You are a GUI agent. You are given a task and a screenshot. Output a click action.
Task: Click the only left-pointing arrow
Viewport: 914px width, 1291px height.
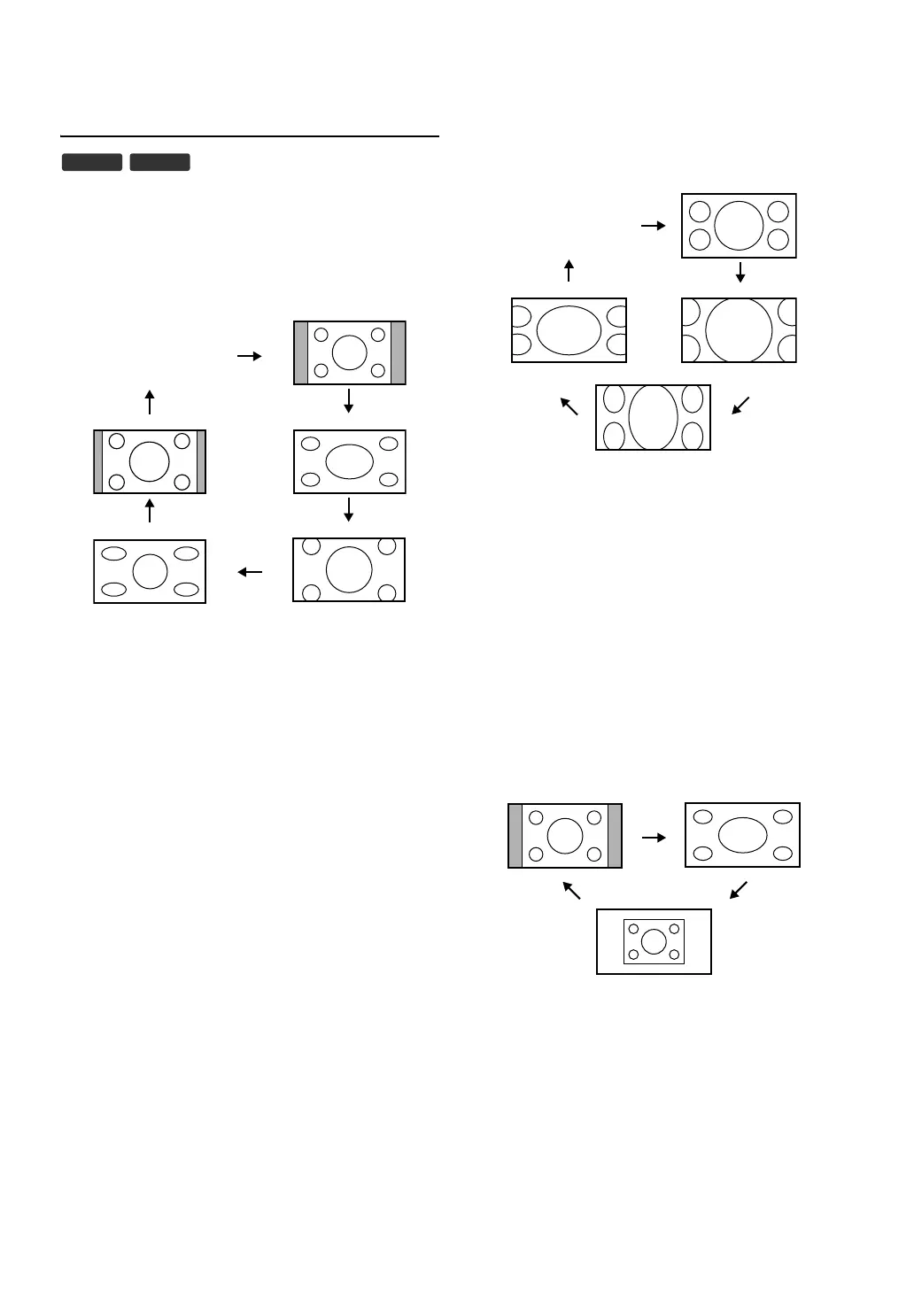[251, 572]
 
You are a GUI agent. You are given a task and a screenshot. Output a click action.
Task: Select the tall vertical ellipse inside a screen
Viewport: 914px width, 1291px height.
[654, 417]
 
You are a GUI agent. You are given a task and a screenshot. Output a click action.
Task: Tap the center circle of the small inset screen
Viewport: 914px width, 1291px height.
[654, 941]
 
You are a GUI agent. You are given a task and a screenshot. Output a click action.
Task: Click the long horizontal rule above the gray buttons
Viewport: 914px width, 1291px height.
[250, 136]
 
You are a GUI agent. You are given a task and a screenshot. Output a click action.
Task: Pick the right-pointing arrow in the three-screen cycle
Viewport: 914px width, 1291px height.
[654, 838]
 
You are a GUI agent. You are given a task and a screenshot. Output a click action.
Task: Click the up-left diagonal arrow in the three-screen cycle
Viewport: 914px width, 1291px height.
[572, 890]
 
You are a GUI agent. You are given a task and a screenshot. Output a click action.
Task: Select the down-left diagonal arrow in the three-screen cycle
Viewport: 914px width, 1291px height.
[739, 890]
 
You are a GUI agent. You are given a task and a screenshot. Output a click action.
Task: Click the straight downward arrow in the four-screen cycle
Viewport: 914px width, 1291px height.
[740, 273]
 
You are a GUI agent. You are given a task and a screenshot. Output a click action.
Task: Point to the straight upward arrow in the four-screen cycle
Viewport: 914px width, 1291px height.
[569, 270]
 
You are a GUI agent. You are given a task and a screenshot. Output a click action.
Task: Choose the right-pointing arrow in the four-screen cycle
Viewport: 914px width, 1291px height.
[653, 226]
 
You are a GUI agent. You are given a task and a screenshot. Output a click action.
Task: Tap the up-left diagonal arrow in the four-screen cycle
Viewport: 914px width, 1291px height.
[569, 406]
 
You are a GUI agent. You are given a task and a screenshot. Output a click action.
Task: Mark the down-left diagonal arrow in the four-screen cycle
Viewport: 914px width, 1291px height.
[741, 406]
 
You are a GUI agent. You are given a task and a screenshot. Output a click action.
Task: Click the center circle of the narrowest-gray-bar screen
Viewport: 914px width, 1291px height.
[150, 461]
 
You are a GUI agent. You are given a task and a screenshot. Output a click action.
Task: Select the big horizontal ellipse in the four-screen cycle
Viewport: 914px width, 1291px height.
[569, 330]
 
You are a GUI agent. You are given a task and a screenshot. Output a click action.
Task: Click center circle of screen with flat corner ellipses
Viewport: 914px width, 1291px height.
[150, 571]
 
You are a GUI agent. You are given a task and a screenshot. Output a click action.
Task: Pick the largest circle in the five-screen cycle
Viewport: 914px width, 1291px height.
[349, 569]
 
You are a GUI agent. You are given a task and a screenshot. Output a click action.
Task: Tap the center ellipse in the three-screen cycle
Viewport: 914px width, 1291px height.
[742, 835]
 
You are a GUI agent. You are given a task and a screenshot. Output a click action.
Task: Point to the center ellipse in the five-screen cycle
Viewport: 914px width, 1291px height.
[350, 461]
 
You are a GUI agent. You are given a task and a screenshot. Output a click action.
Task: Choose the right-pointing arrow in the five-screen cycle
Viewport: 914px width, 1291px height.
[250, 356]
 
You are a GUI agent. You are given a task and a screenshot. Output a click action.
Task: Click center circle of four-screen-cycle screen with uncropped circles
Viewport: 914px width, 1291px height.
[739, 226]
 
